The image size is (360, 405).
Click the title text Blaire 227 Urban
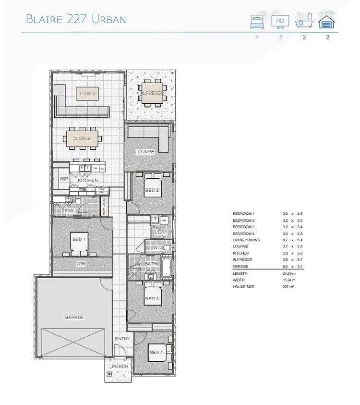tap(76, 19)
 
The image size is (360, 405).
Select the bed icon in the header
tap(257, 21)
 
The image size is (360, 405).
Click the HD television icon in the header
tap(280, 21)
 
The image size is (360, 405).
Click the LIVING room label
tap(87, 93)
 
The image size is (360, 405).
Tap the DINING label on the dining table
tap(82, 139)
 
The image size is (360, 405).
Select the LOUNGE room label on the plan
tap(145, 152)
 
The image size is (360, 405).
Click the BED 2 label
tap(152, 191)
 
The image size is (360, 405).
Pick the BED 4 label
tap(156, 353)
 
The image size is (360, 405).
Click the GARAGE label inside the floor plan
tap(74, 318)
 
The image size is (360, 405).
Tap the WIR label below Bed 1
tap(81, 264)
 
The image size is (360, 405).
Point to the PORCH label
tap(120, 367)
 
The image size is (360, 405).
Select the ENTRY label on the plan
tap(122, 339)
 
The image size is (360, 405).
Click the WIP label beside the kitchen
tap(63, 179)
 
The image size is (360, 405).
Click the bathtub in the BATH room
tap(166, 268)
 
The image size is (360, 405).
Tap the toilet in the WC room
tap(167, 248)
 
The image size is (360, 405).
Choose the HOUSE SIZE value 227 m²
tap(288, 287)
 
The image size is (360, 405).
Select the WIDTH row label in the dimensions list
tap(239, 280)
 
